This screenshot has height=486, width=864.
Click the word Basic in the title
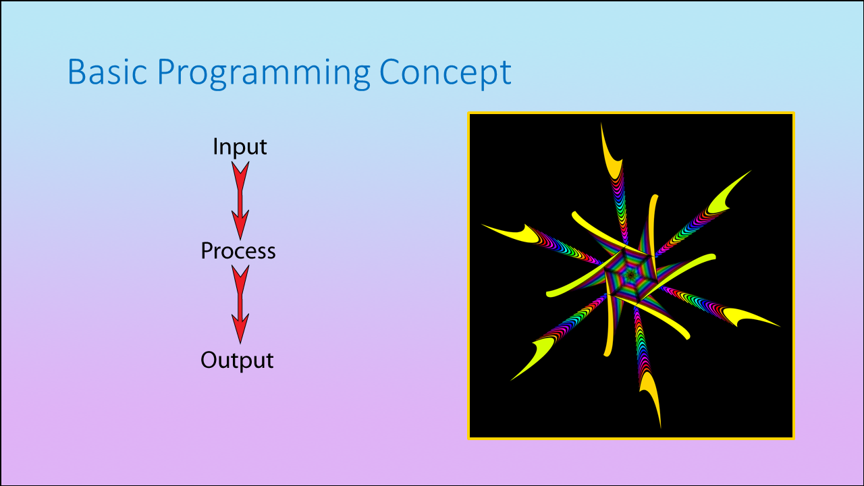[x=107, y=72]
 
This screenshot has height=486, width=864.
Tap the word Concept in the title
[x=445, y=73]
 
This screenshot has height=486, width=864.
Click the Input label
[x=240, y=146]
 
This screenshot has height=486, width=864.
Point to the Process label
[x=238, y=251]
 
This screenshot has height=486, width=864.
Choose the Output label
[x=237, y=360]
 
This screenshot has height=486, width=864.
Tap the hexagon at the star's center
[x=630, y=275]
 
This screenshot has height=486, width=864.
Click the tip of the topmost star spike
[x=601, y=123]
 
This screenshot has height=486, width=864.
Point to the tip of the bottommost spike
[x=660, y=428]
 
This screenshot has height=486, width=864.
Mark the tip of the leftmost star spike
[x=482, y=225]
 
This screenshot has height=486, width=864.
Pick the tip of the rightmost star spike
[x=780, y=327]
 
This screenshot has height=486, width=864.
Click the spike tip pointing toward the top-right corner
[x=751, y=171]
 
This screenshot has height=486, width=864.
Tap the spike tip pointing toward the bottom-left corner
[x=511, y=380]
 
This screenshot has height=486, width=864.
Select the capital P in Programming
[x=167, y=72]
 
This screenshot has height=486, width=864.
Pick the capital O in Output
[x=210, y=360]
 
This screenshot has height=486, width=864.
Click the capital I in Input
[x=216, y=146]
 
